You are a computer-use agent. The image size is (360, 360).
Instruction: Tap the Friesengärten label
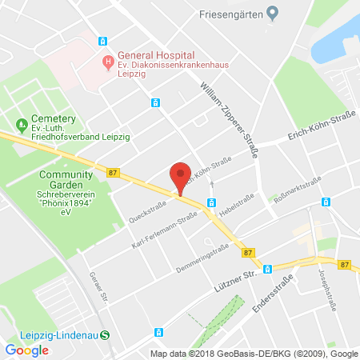(x=231, y=12)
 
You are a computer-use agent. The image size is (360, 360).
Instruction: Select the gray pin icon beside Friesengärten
(x=272, y=12)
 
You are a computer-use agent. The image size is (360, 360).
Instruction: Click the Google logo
(x=26, y=350)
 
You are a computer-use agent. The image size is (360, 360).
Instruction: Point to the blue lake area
(x=336, y=40)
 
